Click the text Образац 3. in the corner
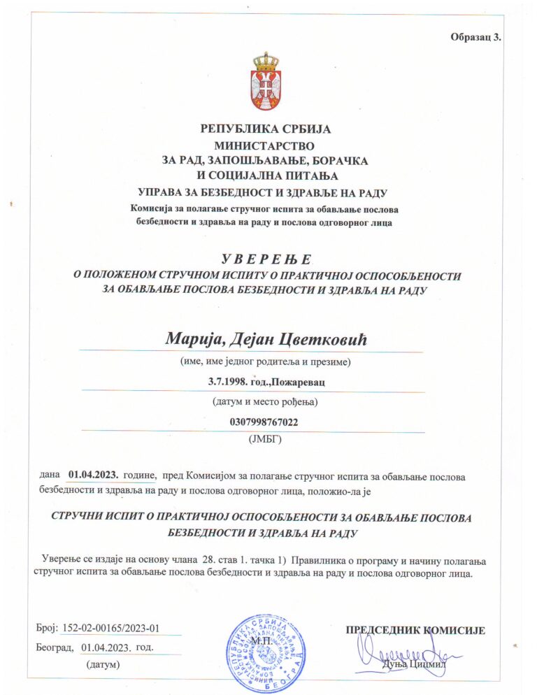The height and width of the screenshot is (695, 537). [x=477, y=37]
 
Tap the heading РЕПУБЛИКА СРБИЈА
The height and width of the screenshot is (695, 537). [x=265, y=129]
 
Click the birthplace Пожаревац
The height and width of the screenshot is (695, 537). [x=299, y=382]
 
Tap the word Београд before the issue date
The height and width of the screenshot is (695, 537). [x=55, y=647]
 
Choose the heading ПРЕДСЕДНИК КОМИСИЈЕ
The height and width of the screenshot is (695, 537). [x=415, y=630]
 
